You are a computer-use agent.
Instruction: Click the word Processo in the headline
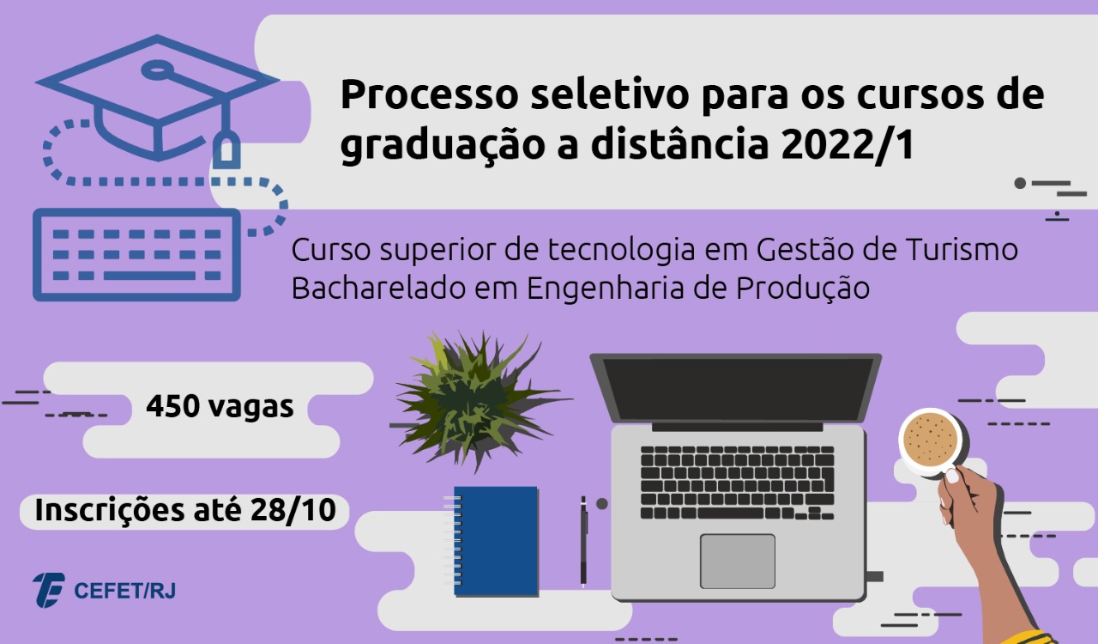[x=430, y=94]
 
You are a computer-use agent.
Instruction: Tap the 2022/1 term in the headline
[x=848, y=145]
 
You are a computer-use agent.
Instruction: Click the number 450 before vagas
[x=172, y=406]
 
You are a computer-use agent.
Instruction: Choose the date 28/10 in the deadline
[x=293, y=510]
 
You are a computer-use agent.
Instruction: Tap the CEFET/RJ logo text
[x=124, y=591]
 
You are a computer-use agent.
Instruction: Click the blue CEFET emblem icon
[x=48, y=590]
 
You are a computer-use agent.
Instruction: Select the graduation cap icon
[x=157, y=98]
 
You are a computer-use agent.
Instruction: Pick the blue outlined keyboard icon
[x=136, y=255]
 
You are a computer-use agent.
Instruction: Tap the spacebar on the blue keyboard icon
[x=149, y=276]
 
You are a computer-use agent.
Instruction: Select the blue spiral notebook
[x=492, y=541]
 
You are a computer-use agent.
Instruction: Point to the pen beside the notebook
[x=583, y=542]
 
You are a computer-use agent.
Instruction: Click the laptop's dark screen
[x=736, y=389]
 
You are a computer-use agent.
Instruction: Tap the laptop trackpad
[x=738, y=561]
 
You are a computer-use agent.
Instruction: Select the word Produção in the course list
[x=803, y=289]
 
